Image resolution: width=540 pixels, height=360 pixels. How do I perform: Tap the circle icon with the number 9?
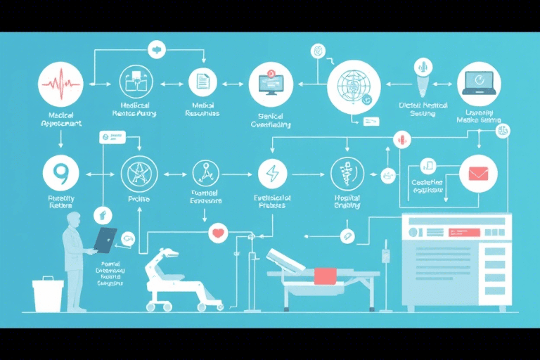(61, 172)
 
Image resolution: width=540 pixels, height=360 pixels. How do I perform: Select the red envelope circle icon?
(479, 173)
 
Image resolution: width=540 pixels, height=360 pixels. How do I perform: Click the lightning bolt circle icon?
(271, 172)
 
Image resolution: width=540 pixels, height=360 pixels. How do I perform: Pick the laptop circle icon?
(479, 84)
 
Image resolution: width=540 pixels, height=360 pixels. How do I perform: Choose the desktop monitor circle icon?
(271, 84)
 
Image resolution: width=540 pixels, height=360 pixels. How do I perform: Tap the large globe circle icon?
(354, 86)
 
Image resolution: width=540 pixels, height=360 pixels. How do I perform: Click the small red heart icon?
(219, 232)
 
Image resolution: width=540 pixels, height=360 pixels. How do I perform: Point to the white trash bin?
(48, 295)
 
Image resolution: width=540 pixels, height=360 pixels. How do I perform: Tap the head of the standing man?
(73, 220)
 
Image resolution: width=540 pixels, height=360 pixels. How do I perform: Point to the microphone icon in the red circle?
(403, 139)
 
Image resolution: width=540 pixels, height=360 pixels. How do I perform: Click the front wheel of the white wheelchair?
(151, 306)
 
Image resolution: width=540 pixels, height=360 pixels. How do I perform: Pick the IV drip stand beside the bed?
(386, 274)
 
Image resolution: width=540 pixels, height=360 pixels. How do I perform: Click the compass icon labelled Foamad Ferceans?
(207, 172)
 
